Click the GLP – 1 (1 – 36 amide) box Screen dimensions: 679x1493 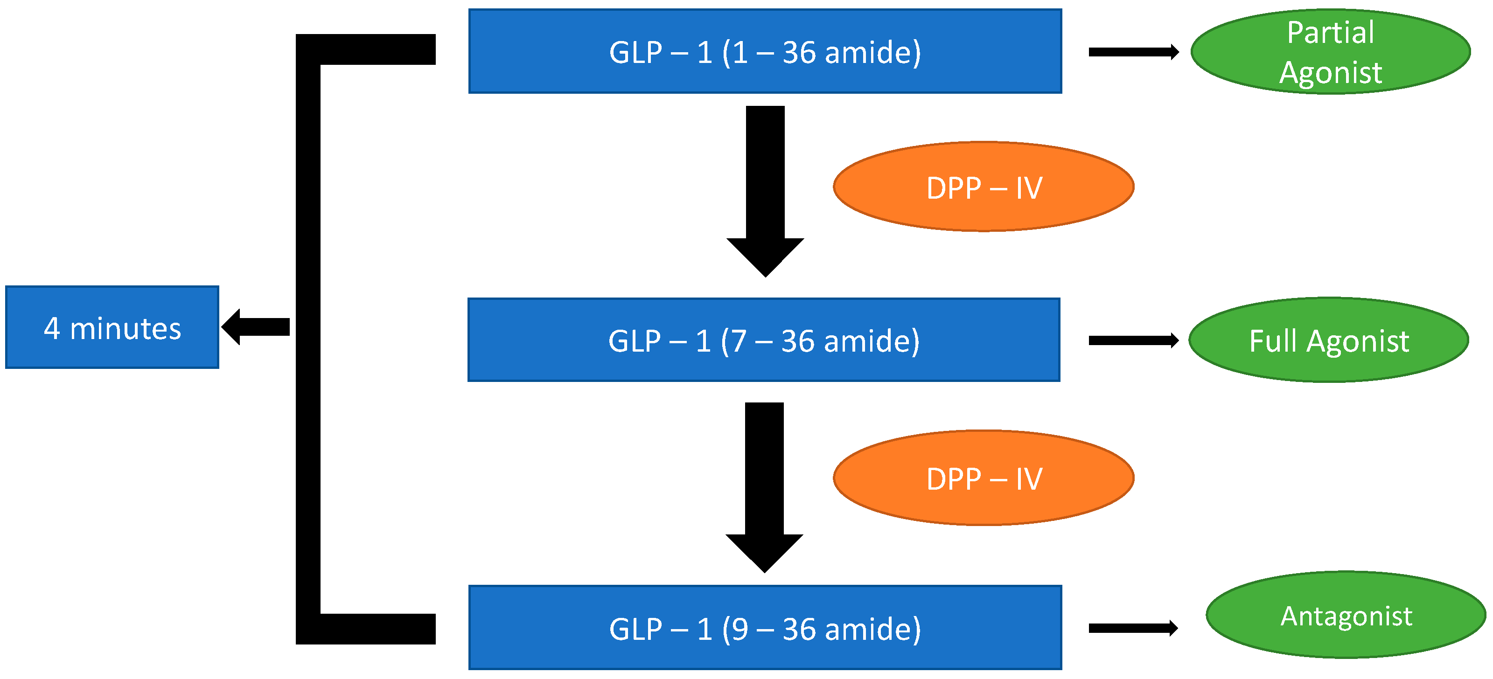point(765,51)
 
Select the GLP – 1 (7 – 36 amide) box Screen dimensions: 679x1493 point(764,339)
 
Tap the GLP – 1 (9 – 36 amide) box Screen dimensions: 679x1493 point(765,627)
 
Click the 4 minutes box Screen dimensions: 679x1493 point(112,327)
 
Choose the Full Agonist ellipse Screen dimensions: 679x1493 point(1329,340)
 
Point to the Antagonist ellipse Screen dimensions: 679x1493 point(1346,615)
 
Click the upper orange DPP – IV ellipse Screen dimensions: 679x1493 point(984,187)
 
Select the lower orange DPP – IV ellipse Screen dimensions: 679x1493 point(984,478)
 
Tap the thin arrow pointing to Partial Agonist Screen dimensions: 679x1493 point(1133,52)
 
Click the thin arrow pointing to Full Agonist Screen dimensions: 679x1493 point(1133,340)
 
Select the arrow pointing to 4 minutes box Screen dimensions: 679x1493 point(256,327)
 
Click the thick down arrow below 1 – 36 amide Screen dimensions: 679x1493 point(765,191)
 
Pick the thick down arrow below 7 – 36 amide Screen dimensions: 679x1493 point(764,487)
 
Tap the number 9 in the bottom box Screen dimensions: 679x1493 point(740,629)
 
